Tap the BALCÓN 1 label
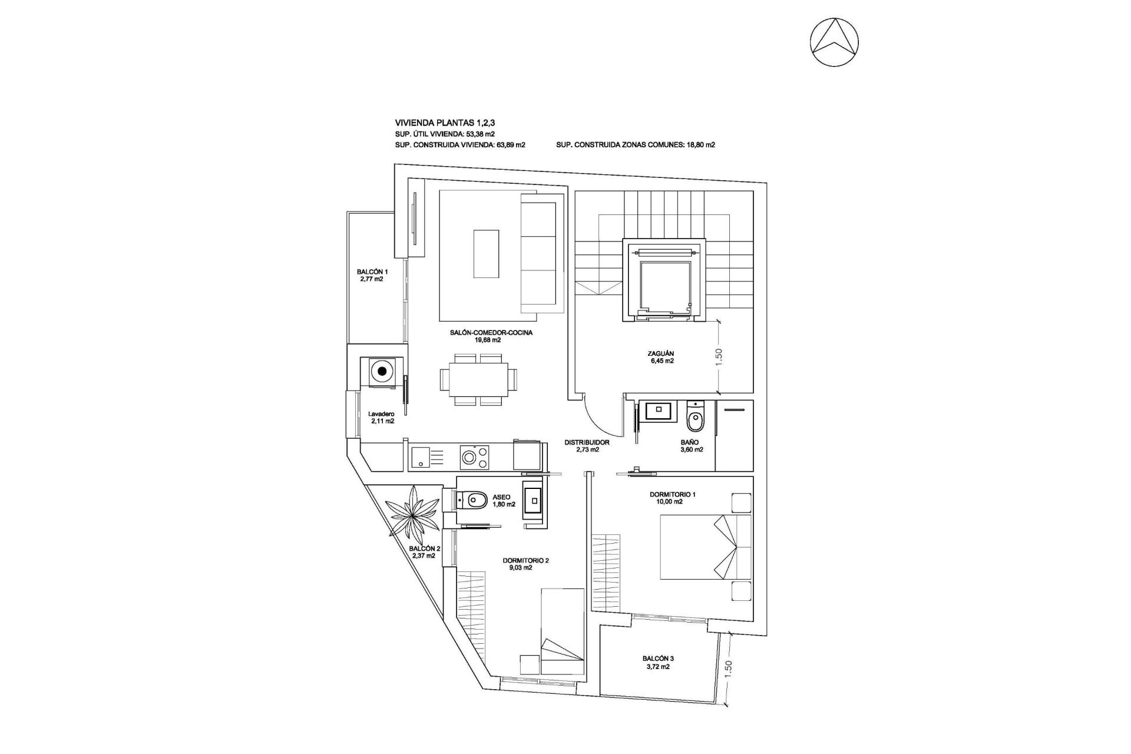[x=372, y=276]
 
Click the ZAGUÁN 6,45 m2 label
[x=660, y=358]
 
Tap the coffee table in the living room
[x=487, y=253]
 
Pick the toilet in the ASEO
[x=472, y=501]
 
